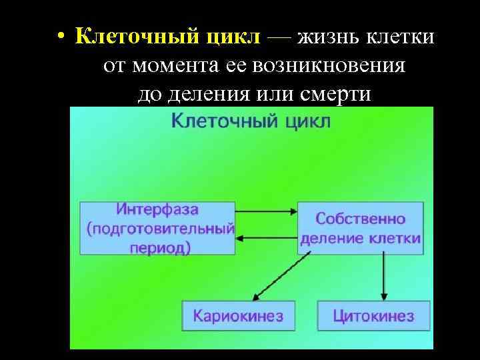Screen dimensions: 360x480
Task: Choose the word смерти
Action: pyautogui.click(x=333, y=95)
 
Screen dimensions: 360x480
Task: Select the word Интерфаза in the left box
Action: pyautogui.click(x=157, y=209)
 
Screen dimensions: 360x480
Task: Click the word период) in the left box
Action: pyautogui.click(x=157, y=247)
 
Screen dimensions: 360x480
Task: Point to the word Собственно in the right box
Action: pyautogui.click(x=360, y=219)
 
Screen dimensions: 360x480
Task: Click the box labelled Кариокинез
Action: pyautogui.click(x=238, y=315)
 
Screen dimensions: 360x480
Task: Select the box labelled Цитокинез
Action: pyautogui.click(x=374, y=315)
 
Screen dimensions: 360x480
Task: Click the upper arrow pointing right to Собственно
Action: pyautogui.click(x=266, y=212)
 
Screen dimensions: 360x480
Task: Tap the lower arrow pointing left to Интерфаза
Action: pyautogui.click(x=266, y=238)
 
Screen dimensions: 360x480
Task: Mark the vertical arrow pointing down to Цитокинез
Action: pyautogui.click(x=383, y=276)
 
